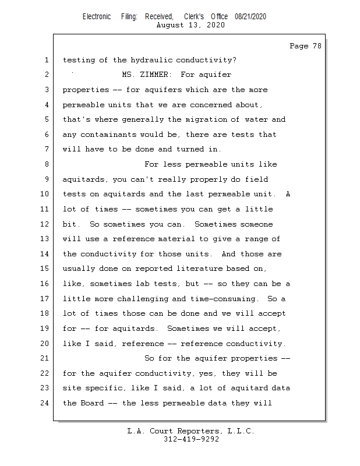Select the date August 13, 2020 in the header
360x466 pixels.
(191, 25)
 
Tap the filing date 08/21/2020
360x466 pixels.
(250, 17)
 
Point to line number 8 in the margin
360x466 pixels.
(47, 164)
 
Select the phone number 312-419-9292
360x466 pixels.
(191, 439)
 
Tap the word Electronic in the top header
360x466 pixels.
(97, 17)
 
